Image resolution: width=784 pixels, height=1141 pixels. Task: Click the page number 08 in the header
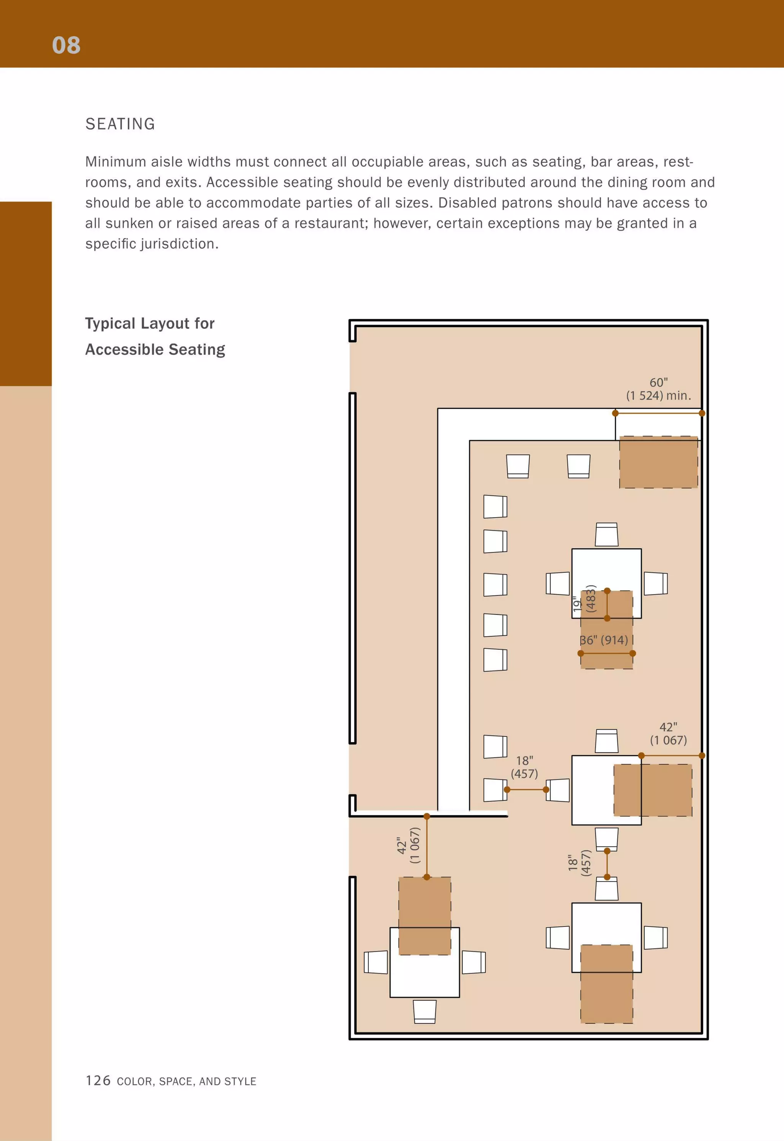(66, 45)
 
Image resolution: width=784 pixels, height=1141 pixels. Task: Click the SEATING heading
(120, 124)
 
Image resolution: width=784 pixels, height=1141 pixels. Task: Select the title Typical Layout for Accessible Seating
(155, 336)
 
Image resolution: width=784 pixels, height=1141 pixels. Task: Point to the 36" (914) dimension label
(604, 640)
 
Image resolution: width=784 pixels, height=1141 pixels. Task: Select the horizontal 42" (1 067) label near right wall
(668, 733)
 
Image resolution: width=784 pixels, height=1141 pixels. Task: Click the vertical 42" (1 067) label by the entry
(409, 845)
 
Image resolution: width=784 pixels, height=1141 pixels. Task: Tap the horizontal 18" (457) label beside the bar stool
(524, 767)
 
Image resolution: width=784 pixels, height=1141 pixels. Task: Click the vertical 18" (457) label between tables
(580, 863)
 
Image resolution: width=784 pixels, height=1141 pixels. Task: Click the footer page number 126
(98, 1080)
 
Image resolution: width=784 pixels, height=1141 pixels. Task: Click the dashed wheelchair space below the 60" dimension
(658, 462)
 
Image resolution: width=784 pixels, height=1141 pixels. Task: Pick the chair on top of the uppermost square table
(606, 534)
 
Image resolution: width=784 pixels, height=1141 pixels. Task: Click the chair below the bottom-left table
(425, 1011)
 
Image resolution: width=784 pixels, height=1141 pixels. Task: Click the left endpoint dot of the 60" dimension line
(615, 413)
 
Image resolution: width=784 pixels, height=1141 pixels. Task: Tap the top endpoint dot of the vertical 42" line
(426, 816)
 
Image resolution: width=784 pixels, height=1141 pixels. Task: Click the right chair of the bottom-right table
(655, 938)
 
